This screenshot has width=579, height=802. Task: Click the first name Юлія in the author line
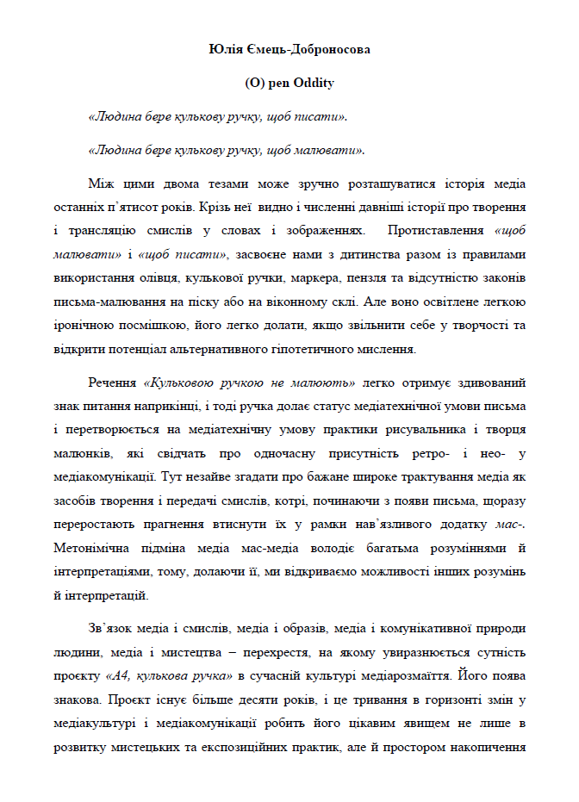224,49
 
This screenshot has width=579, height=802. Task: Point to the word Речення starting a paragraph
111,381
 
